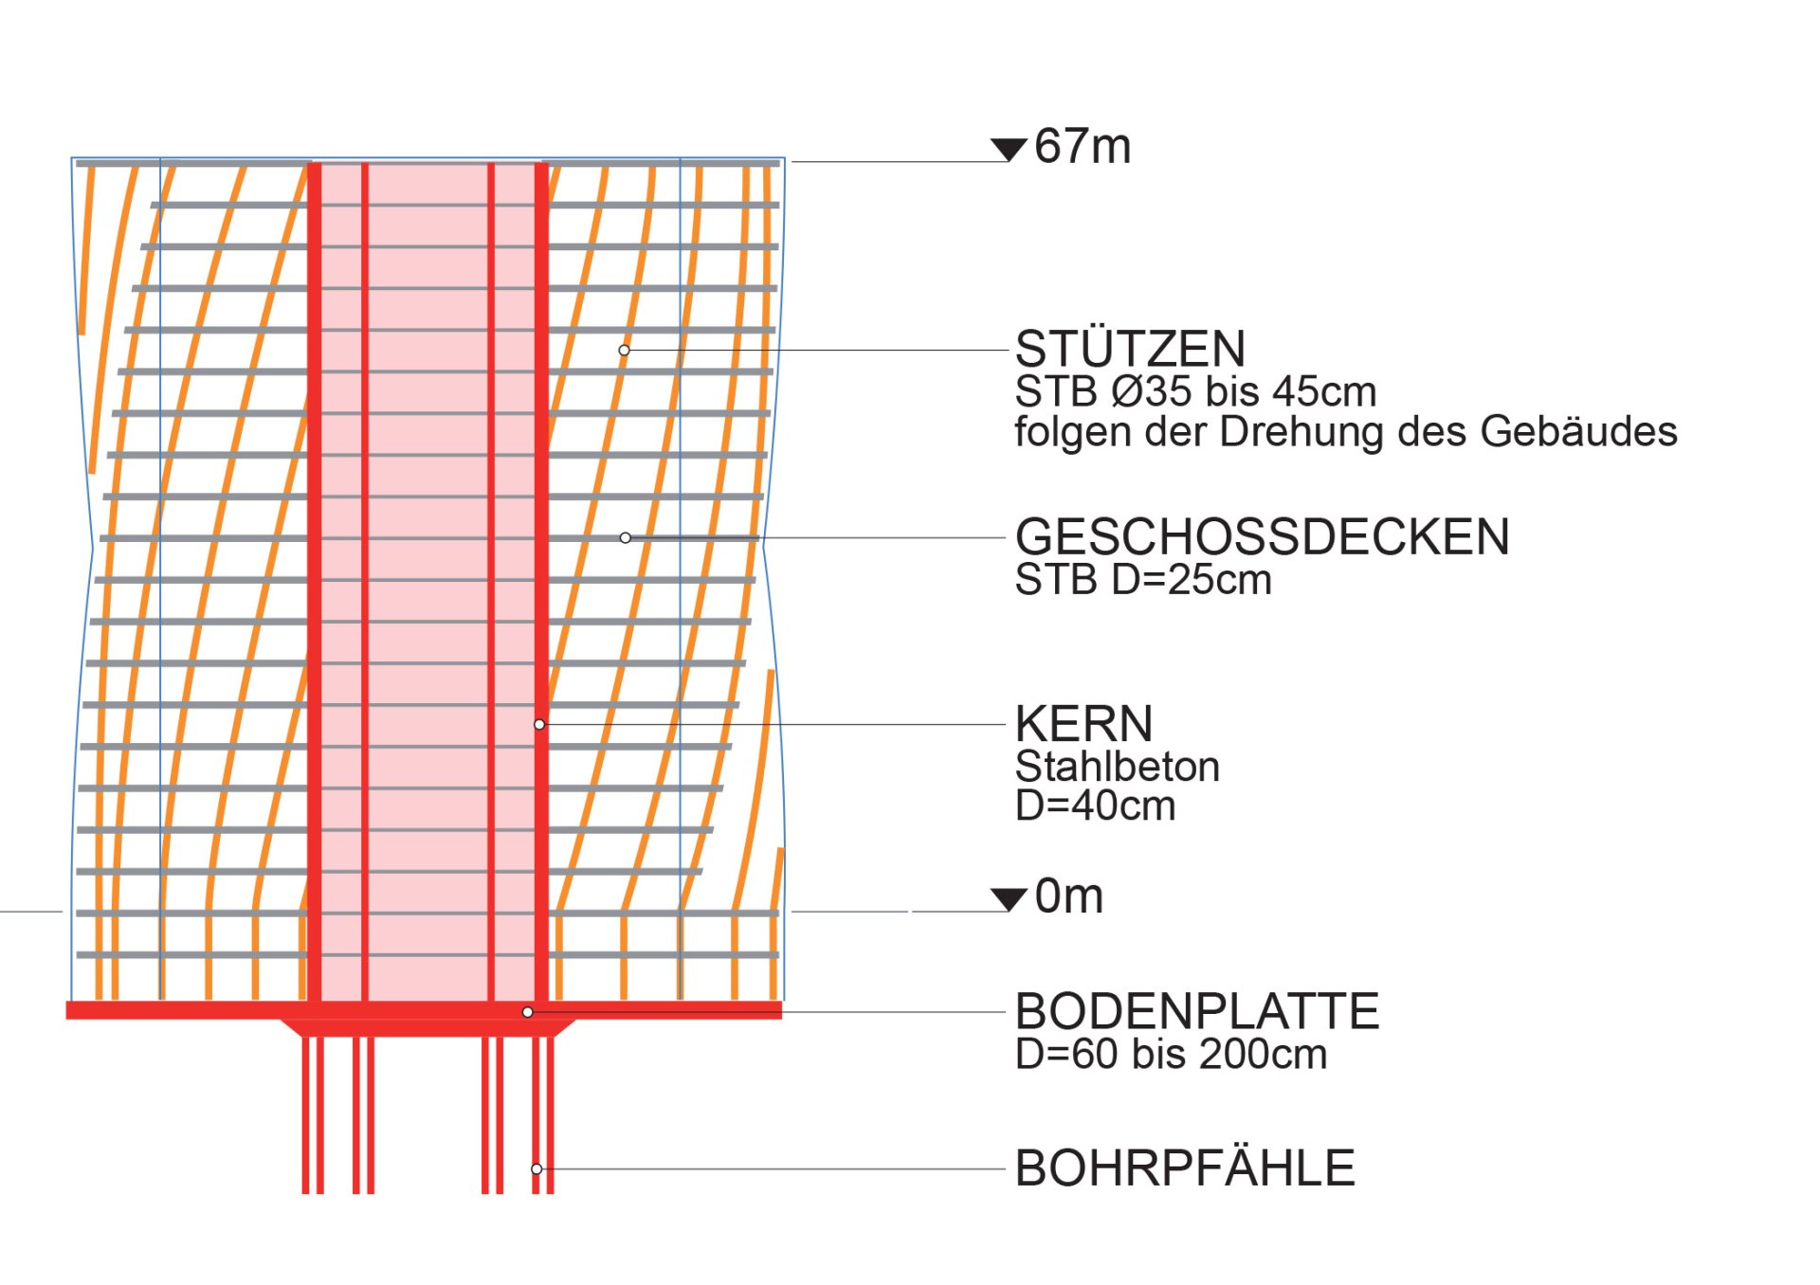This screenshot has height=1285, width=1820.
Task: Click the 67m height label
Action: click(x=1083, y=147)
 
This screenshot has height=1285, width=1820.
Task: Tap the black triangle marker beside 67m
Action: click(x=1009, y=149)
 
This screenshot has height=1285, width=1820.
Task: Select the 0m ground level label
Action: click(x=1069, y=896)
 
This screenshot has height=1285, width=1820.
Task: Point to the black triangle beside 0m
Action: click(x=1009, y=899)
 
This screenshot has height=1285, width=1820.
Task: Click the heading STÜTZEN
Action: click(x=1130, y=348)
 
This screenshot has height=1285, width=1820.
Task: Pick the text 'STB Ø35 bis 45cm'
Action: click(x=1195, y=391)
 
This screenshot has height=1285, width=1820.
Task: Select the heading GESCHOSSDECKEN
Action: click(x=1262, y=536)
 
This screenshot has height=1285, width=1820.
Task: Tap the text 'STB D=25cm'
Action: click(x=1143, y=579)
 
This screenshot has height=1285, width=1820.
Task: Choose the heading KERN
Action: click(x=1083, y=724)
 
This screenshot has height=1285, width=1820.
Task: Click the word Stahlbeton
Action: click(x=1118, y=767)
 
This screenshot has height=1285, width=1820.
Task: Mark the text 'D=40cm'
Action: click(x=1095, y=805)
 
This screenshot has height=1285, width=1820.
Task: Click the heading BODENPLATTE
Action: click(x=1197, y=1011)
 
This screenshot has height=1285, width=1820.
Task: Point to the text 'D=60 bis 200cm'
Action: click(x=1171, y=1054)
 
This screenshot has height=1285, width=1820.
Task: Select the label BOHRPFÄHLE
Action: click(x=1185, y=1167)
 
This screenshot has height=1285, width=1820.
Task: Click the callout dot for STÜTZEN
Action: click(x=624, y=351)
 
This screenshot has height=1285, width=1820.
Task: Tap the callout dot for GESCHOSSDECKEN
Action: click(x=625, y=538)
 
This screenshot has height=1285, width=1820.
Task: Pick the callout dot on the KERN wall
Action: click(x=539, y=725)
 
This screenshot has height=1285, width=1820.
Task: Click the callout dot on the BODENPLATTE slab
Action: click(x=528, y=1012)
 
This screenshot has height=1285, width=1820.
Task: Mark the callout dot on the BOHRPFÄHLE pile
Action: click(x=537, y=1168)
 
